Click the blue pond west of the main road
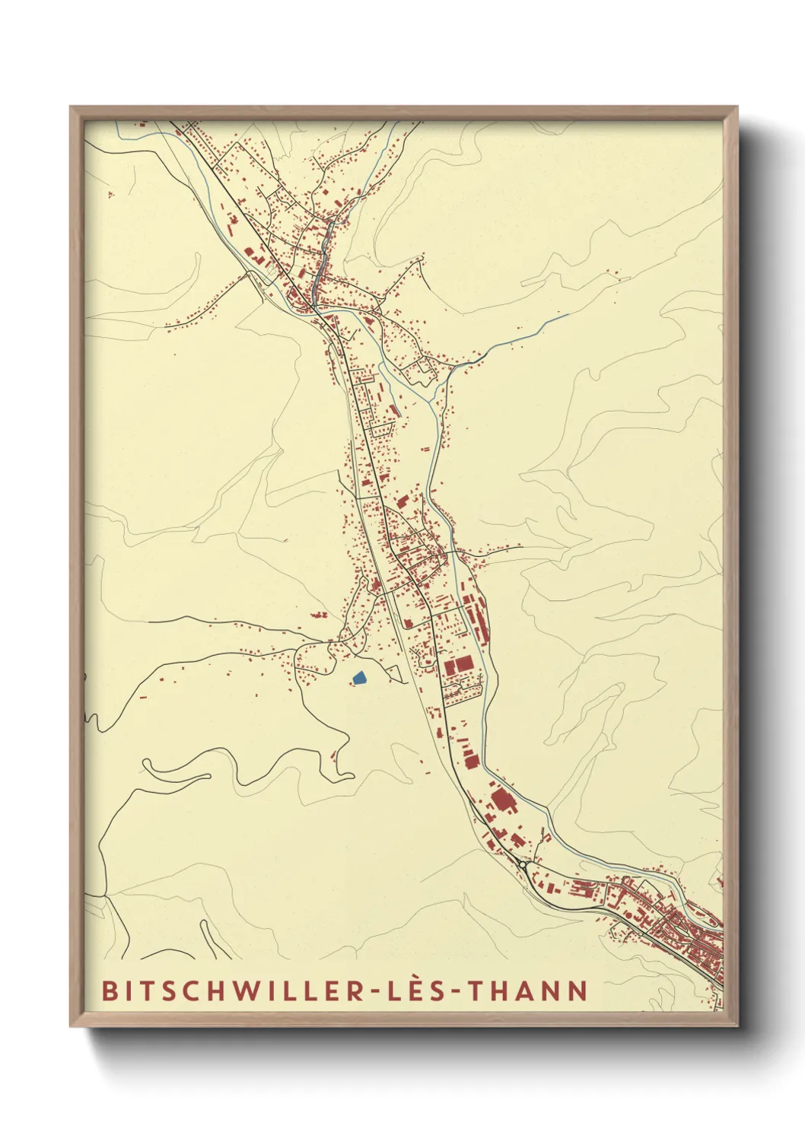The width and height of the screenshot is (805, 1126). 359,676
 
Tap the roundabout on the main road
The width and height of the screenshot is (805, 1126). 524,864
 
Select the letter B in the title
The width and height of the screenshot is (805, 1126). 110,991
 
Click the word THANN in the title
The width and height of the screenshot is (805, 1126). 527,991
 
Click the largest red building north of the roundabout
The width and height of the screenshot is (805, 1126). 501,800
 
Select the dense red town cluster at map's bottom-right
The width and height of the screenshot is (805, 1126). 685,932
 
